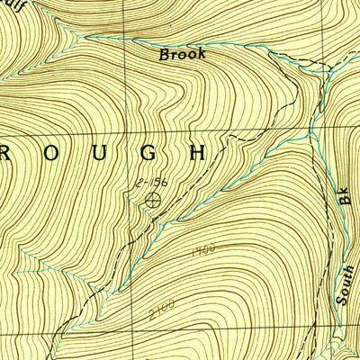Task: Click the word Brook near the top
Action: click(x=183, y=54)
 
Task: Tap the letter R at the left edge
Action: click(x=5, y=152)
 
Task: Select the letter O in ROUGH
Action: click(x=51, y=152)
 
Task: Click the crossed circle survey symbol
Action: click(x=154, y=200)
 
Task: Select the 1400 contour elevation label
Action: click(x=203, y=247)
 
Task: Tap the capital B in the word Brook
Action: click(x=165, y=54)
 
